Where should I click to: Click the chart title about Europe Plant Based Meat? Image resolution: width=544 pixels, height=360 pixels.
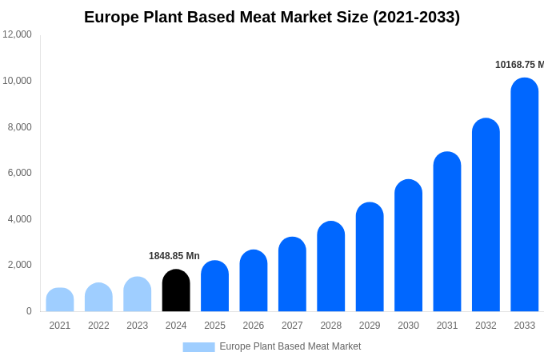point(272,17)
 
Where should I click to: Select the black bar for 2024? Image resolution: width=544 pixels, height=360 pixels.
point(176,290)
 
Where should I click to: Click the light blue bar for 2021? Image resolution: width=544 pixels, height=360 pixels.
point(60,300)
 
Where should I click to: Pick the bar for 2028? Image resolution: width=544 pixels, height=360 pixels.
point(331,266)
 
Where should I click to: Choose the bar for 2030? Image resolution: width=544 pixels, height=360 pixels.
point(408,246)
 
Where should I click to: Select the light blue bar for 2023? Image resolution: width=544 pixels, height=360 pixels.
point(138,294)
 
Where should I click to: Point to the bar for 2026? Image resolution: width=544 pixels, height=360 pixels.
point(254,281)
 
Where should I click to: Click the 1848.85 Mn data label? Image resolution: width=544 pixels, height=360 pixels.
point(174,256)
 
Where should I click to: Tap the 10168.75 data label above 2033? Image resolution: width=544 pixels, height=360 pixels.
point(519,65)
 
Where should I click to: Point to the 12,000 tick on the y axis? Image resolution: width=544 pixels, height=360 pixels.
point(18,34)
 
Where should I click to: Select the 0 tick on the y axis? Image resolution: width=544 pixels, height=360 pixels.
point(29,311)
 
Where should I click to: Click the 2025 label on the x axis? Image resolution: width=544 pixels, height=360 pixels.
point(214,326)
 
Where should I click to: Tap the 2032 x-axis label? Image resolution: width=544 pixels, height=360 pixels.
point(486,326)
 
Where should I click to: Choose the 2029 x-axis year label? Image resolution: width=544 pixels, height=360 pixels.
point(370,326)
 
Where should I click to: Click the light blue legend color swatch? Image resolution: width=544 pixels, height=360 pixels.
point(198,347)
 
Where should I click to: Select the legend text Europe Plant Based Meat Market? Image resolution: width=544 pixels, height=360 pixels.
point(290,346)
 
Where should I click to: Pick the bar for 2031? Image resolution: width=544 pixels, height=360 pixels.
point(447,232)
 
